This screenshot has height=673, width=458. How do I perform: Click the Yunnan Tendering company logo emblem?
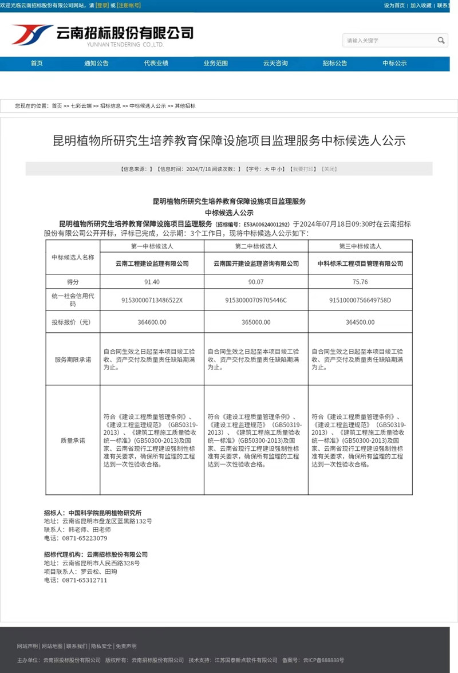[x=31, y=34]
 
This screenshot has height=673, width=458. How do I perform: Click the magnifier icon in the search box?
[x=441, y=40]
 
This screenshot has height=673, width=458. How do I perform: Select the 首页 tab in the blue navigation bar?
[x=37, y=63]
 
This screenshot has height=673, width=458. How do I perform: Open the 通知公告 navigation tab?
[x=96, y=63]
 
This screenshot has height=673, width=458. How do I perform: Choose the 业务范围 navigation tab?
[x=215, y=63]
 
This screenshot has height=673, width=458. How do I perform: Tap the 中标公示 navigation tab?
[x=394, y=63]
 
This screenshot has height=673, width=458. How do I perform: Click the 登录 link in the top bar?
[x=102, y=5]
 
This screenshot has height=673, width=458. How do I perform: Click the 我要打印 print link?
[x=303, y=169]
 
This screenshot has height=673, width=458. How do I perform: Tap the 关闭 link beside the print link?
[x=329, y=169]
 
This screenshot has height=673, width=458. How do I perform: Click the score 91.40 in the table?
[x=152, y=282]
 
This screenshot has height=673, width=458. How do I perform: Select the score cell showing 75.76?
[x=360, y=282]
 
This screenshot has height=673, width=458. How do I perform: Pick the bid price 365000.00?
[x=256, y=322]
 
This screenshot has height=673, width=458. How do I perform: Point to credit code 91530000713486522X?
[x=152, y=300]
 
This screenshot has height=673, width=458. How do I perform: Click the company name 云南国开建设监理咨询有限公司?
[x=256, y=263]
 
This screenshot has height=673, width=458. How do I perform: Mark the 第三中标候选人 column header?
[x=360, y=246]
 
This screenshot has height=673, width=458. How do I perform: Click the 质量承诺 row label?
[x=73, y=440]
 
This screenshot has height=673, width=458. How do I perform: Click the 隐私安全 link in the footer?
[x=101, y=646]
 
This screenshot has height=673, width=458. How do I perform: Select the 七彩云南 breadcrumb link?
[x=81, y=106]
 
